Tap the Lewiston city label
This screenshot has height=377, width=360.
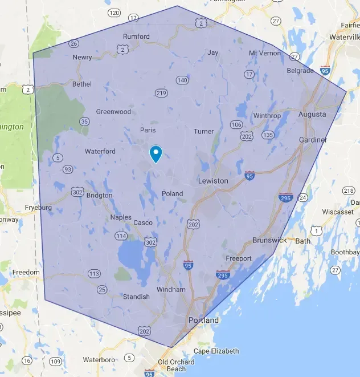(x=212, y=181)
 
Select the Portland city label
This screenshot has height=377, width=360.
(x=203, y=320)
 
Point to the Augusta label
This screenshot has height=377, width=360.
(x=312, y=115)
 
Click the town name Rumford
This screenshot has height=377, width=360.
(x=137, y=37)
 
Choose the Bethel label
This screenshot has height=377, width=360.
(x=81, y=84)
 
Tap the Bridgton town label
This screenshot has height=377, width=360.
(x=100, y=195)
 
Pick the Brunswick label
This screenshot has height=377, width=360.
(x=270, y=240)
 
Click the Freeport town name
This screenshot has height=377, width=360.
(x=239, y=258)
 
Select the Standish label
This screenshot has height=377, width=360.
(x=137, y=297)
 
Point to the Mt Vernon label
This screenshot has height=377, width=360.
(x=265, y=53)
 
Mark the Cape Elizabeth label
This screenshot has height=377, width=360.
(x=216, y=351)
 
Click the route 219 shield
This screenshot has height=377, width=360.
(x=161, y=93)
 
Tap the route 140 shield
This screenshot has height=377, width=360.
(x=182, y=80)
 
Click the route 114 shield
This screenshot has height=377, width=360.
(x=121, y=236)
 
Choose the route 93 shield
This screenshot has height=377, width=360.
(x=67, y=169)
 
